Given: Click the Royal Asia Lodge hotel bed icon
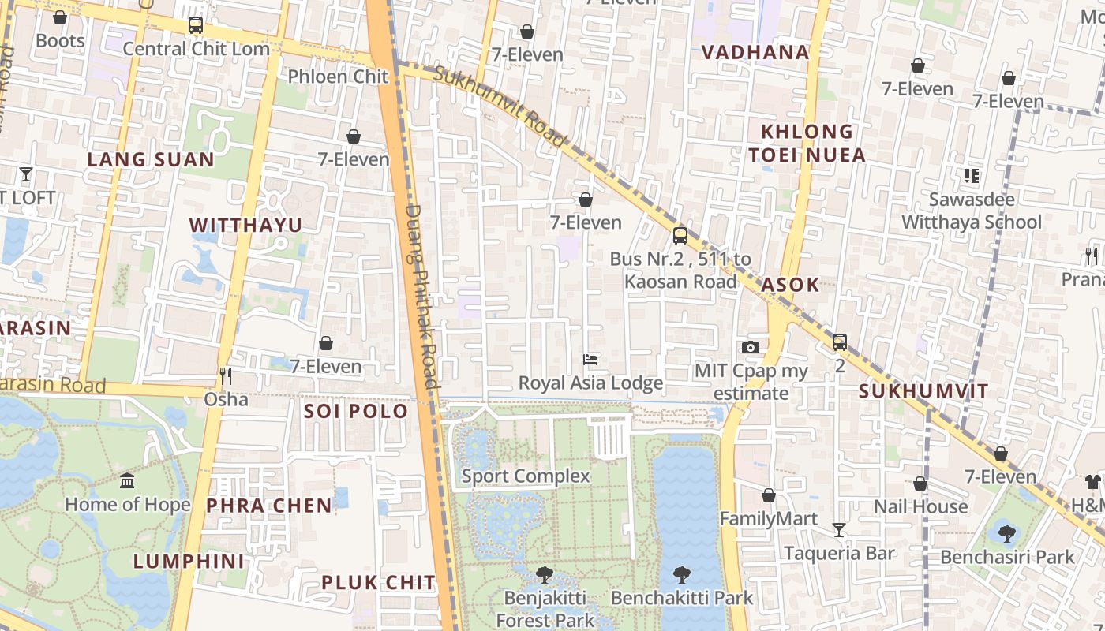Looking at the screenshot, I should pyautogui.click(x=590, y=360).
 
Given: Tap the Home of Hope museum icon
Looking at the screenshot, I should pyautogui.click(x=127, y=480).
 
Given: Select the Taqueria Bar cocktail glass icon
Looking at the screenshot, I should pyautogui.click(x=838, y=529).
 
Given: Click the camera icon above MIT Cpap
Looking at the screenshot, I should pyautogui.click(x=751, y=347).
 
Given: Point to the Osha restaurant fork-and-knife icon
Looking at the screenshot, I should pyautogui.click(x=226, y=375).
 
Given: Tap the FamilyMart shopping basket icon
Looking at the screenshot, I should pyautogui.click(x=769, y=495).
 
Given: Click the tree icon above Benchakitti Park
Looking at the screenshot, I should pyautogui.click(x=682, y=574).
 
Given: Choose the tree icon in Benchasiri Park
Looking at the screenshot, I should pyautogui.click(x=1006, y=533).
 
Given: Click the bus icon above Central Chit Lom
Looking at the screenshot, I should pyautogui.click(x=196, y=25).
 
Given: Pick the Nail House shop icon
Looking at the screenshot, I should pyautogui.click(x=920, y=484).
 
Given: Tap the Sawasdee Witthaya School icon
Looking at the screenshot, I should pyautogui.click(x=971, y=175).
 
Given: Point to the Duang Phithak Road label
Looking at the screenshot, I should pyautogui.click(x=421, y=296).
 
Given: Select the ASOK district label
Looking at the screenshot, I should pyautogui.click(x=790, y=285).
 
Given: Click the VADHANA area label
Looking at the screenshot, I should pyautogui.click(x=755, y=53).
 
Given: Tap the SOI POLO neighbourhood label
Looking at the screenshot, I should pyautogui.click(x=356, y=411).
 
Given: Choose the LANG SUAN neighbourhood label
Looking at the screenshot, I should pyautogui.click(x=150, y=159).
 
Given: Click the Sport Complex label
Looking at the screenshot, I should pyautogui.click(x=526, y=476).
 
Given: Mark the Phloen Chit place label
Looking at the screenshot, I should pyautogui.click(x=338, y=77).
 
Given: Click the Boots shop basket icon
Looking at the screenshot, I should pyautogui.click(x=60, y=17).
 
